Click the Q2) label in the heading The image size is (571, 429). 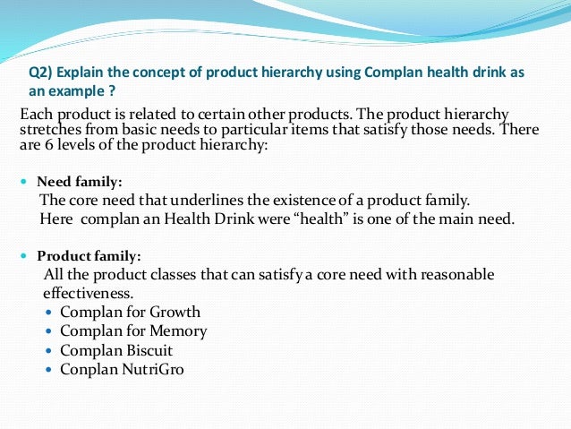[42, 73]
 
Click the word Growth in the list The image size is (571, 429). [176, 313]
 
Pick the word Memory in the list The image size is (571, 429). [179, 331]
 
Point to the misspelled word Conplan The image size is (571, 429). [88, 369]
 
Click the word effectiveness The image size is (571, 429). [88, 293]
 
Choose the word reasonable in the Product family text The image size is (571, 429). [449, 275]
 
